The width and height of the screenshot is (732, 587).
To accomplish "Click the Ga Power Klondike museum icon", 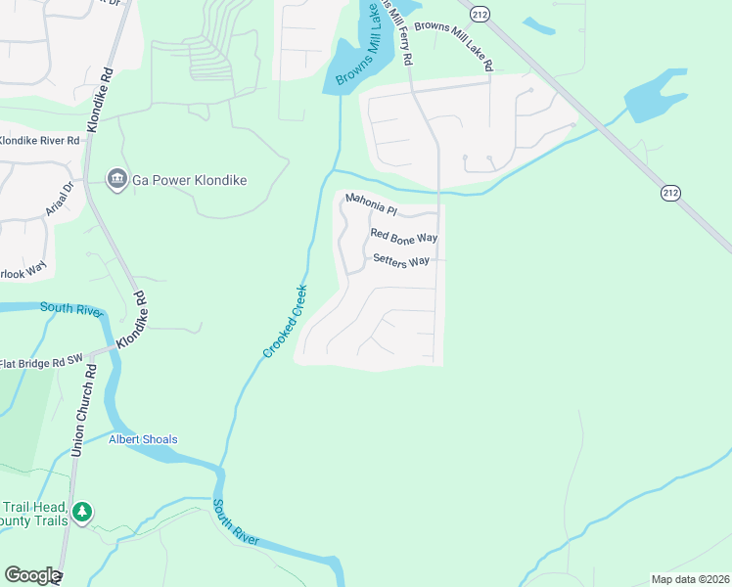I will coord(117,180).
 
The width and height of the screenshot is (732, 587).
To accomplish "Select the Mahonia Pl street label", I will coord(371,209).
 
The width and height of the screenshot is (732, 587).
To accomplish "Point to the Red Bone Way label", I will coord(403,237).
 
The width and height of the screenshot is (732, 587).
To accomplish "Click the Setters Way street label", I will coord(401,261).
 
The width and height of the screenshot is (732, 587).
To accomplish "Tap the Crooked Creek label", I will coord(285,321).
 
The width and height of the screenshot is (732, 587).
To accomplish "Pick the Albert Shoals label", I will coord(143,439).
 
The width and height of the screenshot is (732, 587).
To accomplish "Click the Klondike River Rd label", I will coord(39,141).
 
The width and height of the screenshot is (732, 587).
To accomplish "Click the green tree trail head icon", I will coord(83,512).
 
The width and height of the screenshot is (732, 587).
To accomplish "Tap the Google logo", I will coord(32,575).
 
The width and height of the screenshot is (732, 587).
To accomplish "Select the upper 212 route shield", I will coord(479,14).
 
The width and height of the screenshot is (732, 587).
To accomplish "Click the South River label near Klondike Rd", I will coord(71,309).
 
